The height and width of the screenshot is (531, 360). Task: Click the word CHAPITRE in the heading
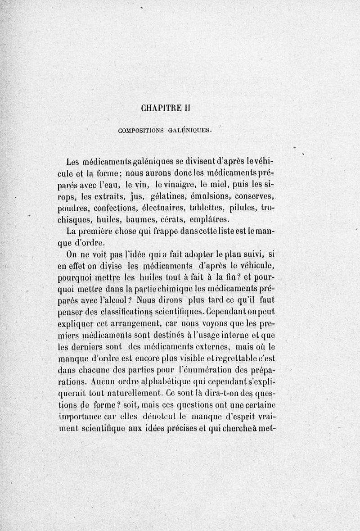[160, 108]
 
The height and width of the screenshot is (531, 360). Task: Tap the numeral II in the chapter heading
[188, 108]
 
